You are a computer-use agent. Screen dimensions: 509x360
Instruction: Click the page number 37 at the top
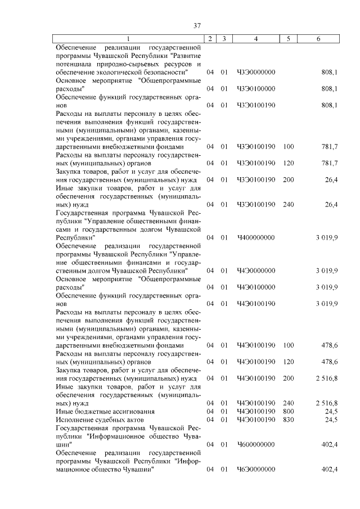pyautogui.click(x=197, y=25)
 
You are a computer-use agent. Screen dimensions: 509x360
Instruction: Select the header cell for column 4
pyautogui.click(x=256, y=38)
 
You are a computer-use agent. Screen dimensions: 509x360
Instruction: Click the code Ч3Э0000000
pyautogui.click(x=256, y=73)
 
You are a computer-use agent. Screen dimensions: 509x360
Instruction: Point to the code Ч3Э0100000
pyautogui.click(x=256, y=89)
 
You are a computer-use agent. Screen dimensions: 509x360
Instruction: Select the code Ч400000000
pyautogui.click(x=256, y=238)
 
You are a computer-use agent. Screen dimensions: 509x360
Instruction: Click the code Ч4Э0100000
pyautogui.click(x=256, y=287)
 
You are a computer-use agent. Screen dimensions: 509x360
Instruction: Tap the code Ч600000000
pyautogui.click(x=256, y=444)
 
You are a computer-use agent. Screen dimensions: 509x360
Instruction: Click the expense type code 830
pyautogui.click(x=289, y=420)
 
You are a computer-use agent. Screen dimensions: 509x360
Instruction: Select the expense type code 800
pyautogui.click(x=289, y=411)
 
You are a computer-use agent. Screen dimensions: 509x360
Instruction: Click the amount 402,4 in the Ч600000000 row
pyautogui.click(x=328, y=444)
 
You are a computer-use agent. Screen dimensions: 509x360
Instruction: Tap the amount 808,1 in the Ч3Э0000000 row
pyautogui.click(x=328, y=73)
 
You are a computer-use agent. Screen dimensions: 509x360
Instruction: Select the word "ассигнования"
pyautogui.click(x=114, y=411)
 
